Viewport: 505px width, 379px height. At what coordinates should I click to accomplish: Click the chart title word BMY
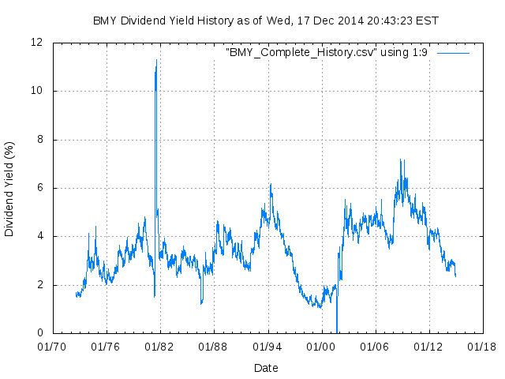point(105,20)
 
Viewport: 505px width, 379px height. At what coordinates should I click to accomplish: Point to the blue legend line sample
point(453,53)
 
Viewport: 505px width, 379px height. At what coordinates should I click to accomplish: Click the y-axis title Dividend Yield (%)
point(9,189)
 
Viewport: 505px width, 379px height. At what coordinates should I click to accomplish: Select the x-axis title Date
point(266,368)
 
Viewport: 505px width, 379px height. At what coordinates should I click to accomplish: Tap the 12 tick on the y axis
point(37,42)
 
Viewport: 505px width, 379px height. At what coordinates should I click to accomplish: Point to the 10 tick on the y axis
point(37,91)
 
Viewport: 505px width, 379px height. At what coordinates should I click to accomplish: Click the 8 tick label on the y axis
point(40,140)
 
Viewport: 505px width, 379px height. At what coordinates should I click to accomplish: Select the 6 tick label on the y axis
point(40,188)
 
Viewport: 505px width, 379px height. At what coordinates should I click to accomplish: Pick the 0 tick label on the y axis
point(40,333)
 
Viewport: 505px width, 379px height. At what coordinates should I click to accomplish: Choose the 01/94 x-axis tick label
point(267,347)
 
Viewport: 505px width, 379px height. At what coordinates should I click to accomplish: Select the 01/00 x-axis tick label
point(321,347)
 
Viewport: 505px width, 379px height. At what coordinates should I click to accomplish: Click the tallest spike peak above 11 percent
point(156,60)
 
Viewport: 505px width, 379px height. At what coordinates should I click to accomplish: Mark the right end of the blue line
point(455,276)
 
